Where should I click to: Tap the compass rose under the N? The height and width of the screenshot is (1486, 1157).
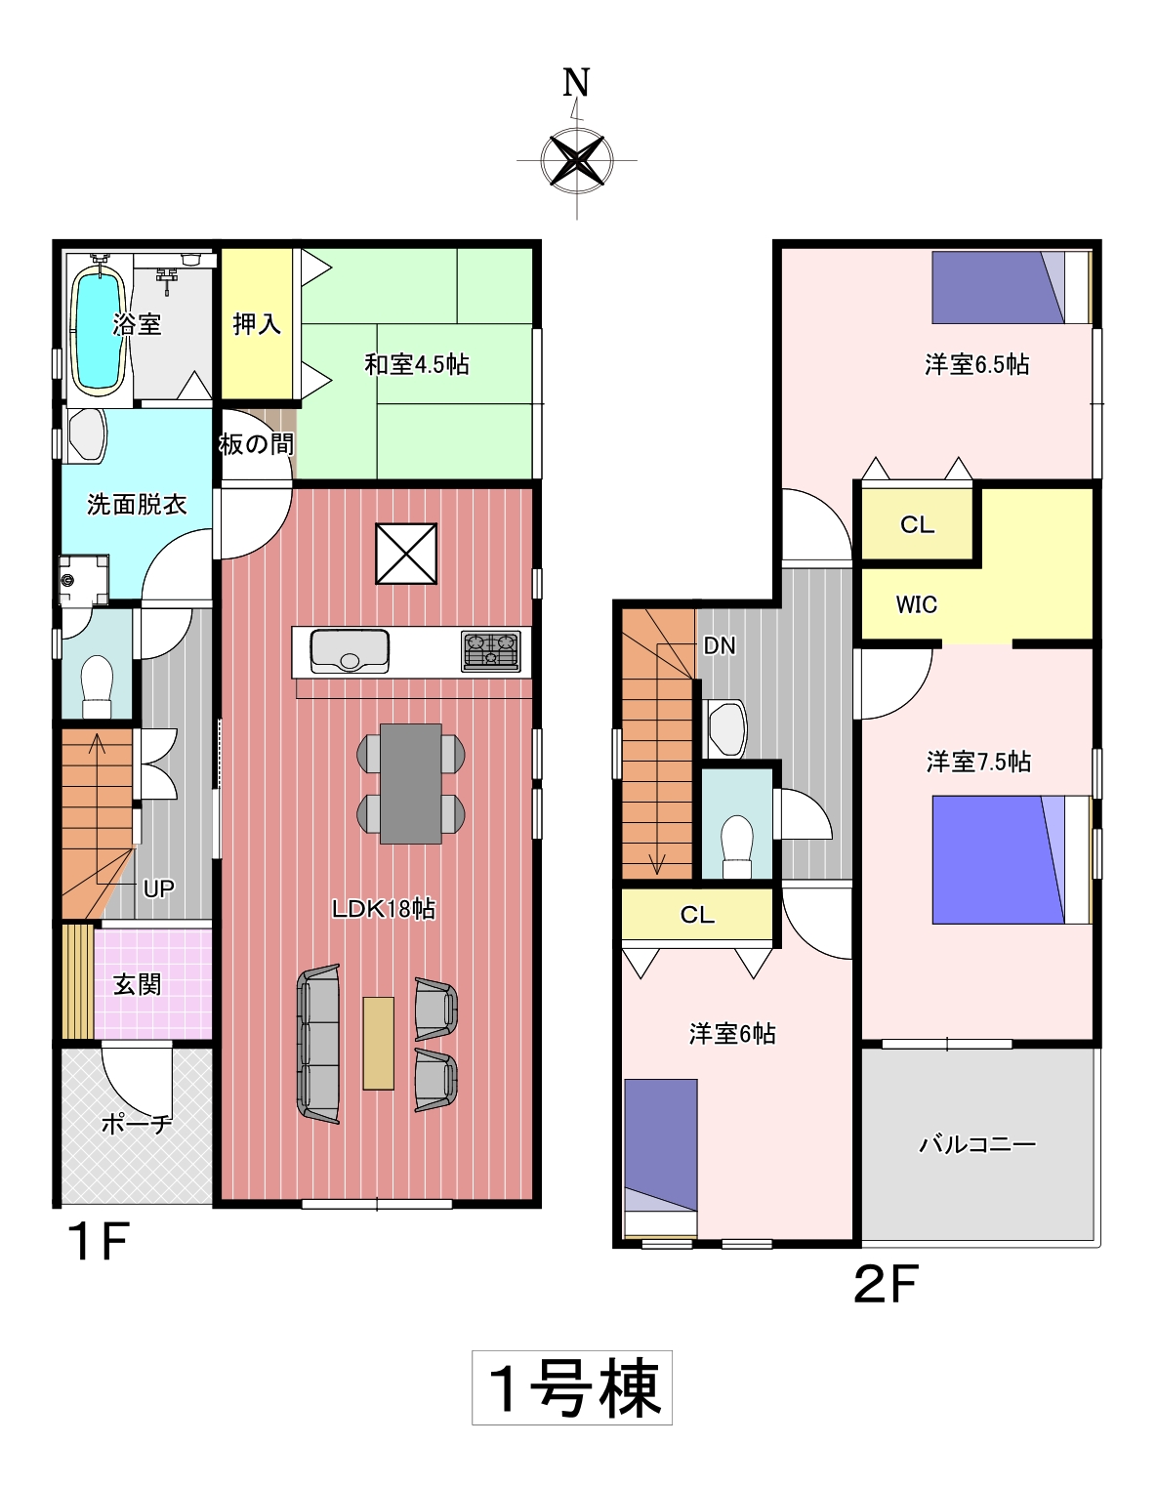[577, 161]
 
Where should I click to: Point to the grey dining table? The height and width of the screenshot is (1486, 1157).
[411, 784]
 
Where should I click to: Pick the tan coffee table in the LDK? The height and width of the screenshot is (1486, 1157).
[378, 1043]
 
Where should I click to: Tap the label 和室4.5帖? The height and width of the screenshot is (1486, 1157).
[417, 364]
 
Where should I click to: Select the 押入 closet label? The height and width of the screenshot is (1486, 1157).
[257, 323]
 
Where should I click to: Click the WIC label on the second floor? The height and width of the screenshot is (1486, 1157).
[916, 604]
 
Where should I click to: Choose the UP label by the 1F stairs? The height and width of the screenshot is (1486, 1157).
[158, 889]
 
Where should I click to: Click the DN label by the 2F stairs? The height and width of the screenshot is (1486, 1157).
[720, 645]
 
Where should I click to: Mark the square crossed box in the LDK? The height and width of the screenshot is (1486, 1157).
[406, 554]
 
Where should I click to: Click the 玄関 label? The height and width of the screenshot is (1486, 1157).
[137, 985]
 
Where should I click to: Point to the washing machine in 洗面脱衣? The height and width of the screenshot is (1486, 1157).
[83, 580]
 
